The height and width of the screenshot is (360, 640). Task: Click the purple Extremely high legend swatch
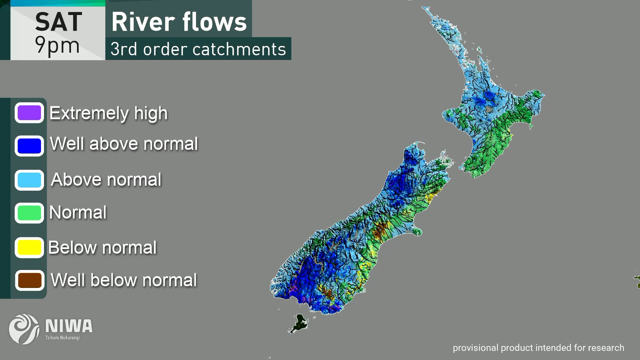pyautogui.click(x=29, y=113)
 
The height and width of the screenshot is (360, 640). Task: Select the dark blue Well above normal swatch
pyautogui.click(x=29, y=146)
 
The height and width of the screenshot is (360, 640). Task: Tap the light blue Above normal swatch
pyautogui.click(x=29, y=180)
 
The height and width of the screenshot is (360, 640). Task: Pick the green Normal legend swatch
pyautogui.click(x=29, y=213)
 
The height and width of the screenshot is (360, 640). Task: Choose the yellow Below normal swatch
pyautogui.click(x=29, y=247)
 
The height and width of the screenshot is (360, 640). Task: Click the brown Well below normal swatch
pyautogui.click(x=30, y=280)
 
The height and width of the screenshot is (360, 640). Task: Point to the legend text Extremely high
pyautogui.click(x=108, y=113)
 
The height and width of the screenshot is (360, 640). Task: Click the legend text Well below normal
pyautogui.click(x=124, y=280)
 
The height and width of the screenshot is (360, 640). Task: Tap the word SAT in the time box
pyautogui.click(x=59, y=22)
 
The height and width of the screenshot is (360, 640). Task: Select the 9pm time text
pyautogui.click(x=57, y=45)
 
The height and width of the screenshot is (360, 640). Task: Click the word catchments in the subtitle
pyautogui.click(x=239, y=49)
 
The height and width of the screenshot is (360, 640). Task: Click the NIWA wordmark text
pyautogui.click(x=69, y=326)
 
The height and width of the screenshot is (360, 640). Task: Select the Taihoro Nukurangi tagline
pyautogui.click(x=62, y=338)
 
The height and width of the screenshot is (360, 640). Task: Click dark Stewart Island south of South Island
pyautogui.click(x=300, y=322)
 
